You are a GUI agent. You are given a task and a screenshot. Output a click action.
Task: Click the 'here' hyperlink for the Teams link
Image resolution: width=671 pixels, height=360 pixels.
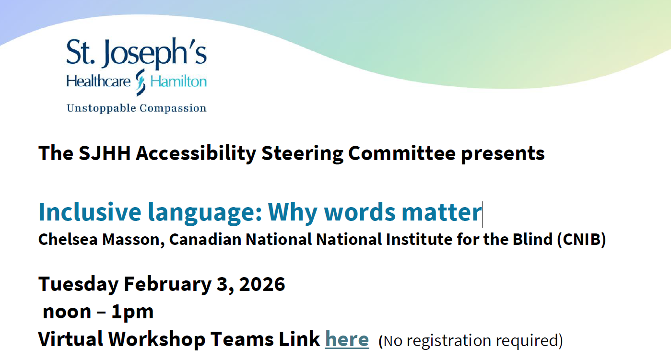coord(347,339)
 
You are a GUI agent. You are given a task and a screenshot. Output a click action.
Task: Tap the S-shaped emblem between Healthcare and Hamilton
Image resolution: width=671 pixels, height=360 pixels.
coord(140,82)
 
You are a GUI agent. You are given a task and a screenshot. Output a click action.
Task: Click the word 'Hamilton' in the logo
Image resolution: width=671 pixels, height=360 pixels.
coord(178,81)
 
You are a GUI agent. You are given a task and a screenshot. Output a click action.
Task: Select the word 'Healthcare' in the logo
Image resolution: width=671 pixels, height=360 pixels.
coord(98,81)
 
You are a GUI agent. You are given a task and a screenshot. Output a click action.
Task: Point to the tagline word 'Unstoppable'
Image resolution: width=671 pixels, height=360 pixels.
coord(101,108)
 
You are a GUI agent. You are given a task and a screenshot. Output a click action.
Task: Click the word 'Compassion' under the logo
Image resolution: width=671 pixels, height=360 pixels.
coord(173,108)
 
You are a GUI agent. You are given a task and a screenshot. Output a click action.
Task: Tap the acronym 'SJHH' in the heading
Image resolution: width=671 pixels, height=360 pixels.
coord(105,153)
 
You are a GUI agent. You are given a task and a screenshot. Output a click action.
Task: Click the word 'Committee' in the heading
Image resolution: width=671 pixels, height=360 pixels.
coord(402,153)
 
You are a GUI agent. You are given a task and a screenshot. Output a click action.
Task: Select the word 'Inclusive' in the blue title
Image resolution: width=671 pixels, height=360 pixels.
coord(90,212)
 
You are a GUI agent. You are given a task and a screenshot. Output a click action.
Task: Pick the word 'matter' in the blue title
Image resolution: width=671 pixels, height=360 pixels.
coord(442,212)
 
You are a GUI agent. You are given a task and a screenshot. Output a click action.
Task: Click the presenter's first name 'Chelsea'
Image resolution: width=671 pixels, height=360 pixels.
coord(68,239)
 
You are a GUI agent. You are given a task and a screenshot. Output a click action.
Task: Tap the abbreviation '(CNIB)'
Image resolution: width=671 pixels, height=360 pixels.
coord(581,240)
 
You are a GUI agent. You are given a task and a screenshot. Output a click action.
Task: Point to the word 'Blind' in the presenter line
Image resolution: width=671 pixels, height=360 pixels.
coord(532,239)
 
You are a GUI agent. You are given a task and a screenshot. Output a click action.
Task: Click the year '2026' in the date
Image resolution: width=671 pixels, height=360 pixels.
coord(262,284)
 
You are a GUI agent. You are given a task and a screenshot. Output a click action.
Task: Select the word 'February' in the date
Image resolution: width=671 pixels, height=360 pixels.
coord(168,284)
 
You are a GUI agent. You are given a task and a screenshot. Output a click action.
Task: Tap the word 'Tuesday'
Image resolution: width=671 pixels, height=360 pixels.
coord(79,284)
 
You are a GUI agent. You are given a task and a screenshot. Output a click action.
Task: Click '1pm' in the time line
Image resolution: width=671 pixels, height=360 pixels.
coord(132,312)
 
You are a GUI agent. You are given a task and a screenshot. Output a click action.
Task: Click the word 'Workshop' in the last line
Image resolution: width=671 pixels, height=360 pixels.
coord(157,339)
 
